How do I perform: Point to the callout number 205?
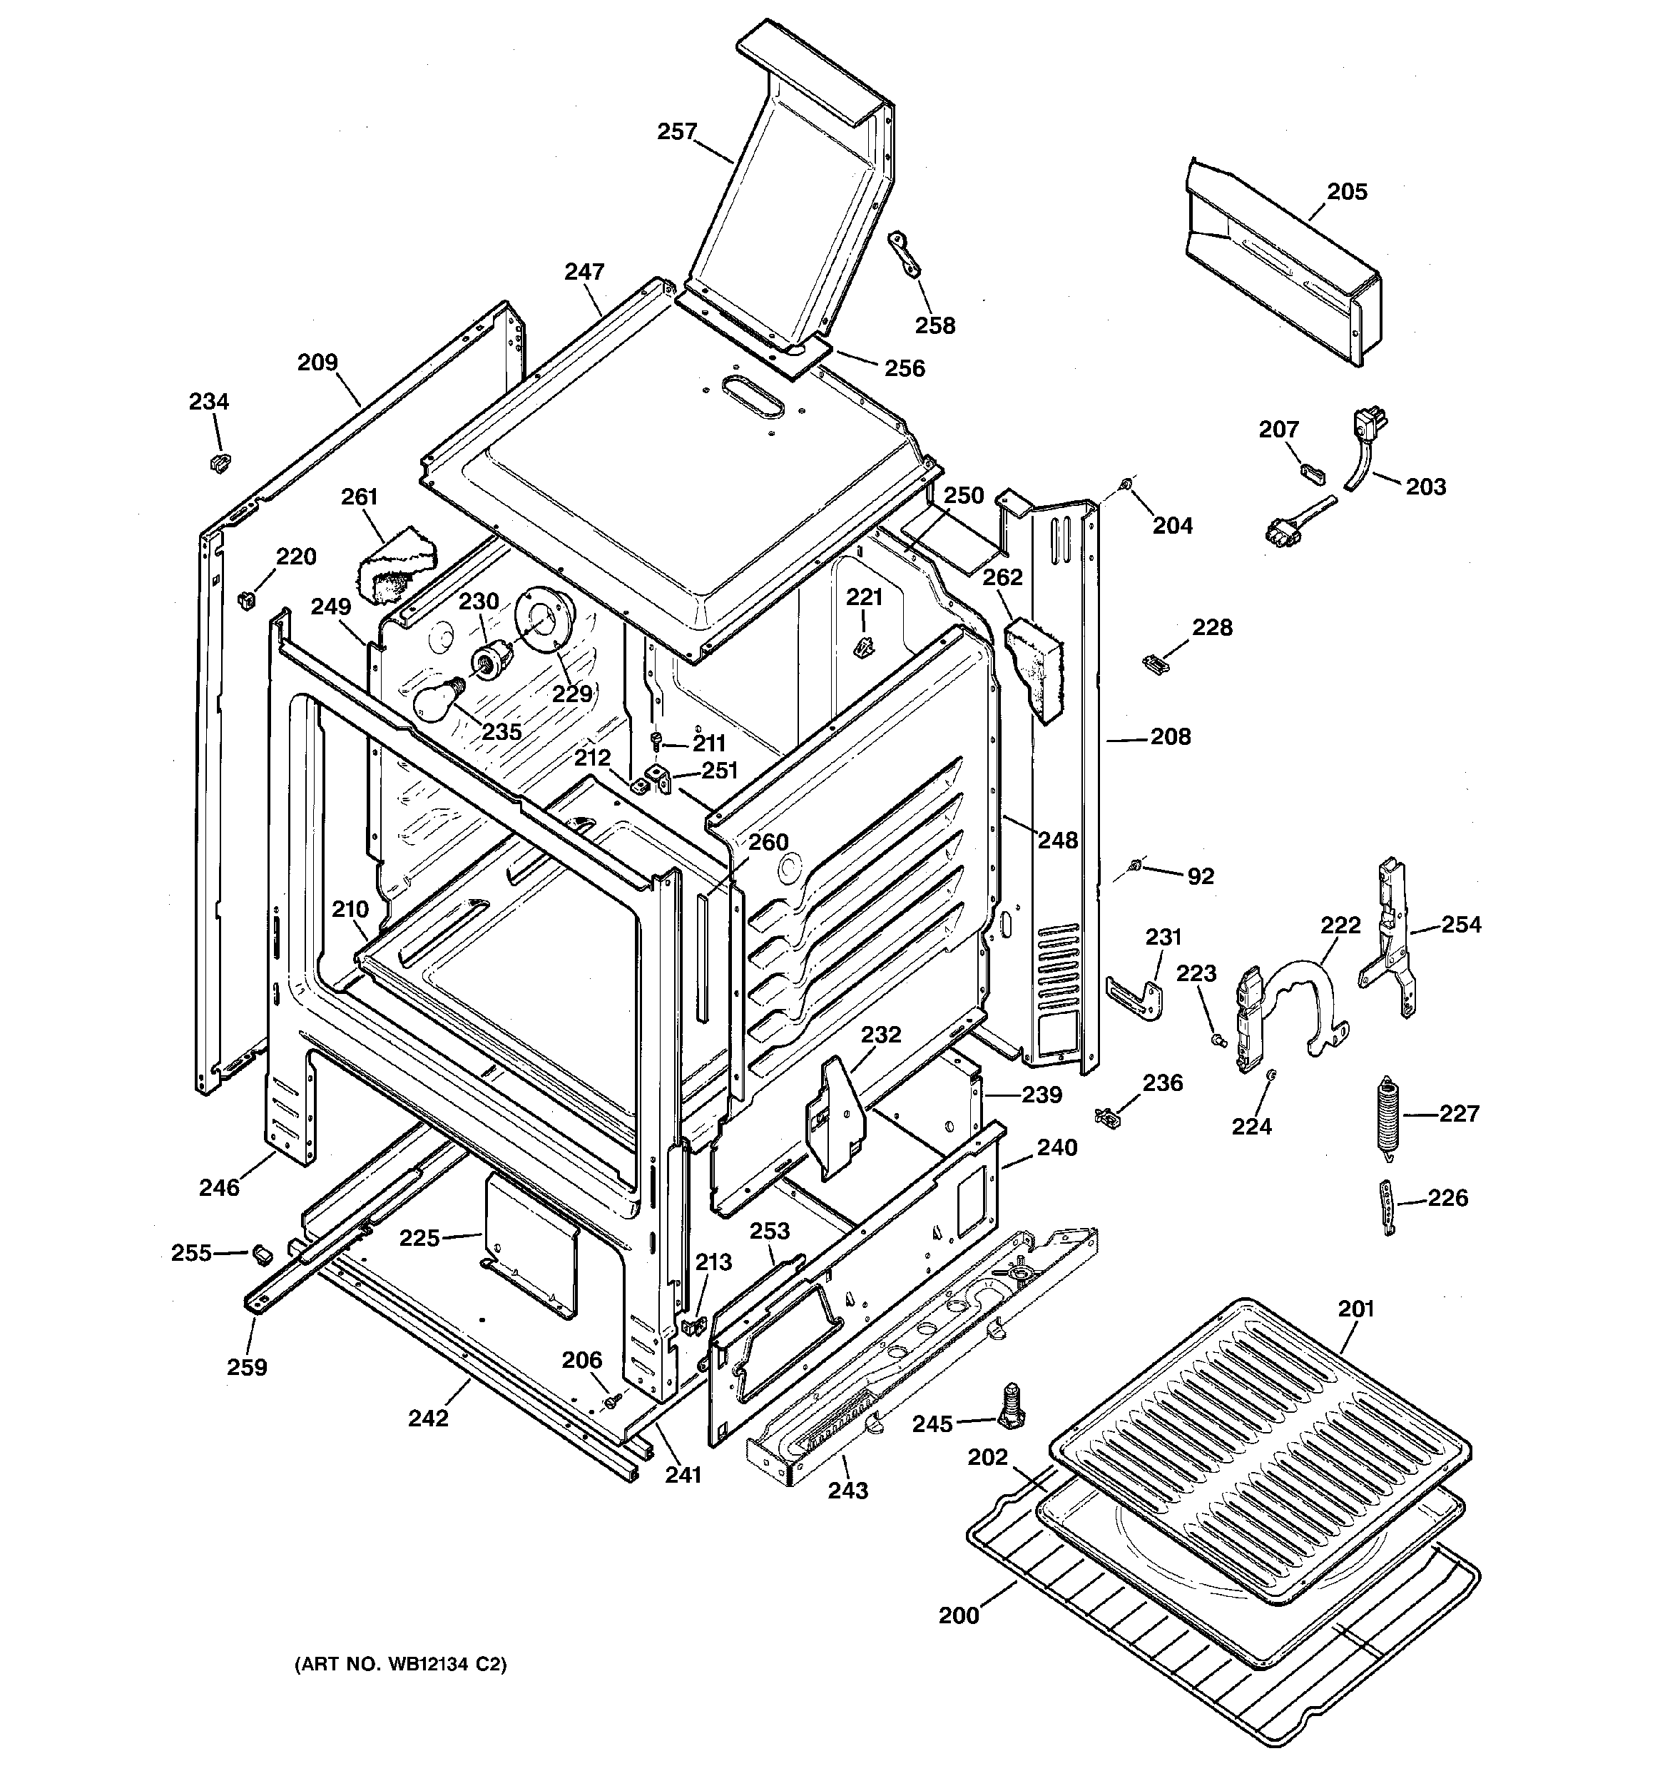click(x=1347, y=192)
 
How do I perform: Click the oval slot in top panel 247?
click(x=753, y=395)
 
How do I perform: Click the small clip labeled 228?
click(x=1151, y=663)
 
